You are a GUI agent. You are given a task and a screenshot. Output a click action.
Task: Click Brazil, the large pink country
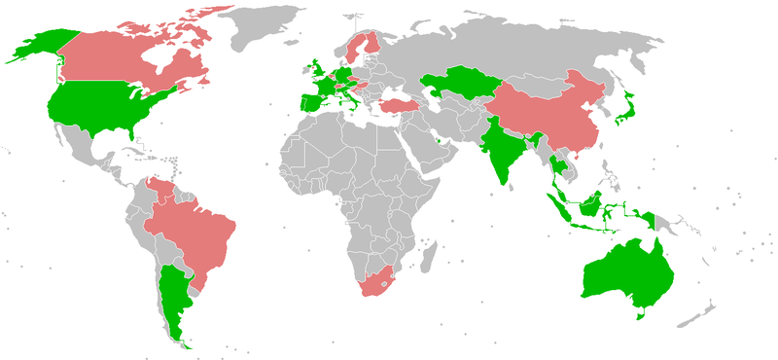[194, 229]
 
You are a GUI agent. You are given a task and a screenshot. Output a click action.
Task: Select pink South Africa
[377, 279]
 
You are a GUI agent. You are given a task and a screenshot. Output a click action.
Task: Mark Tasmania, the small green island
[639, 312]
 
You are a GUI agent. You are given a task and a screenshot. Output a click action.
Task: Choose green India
[501, 146]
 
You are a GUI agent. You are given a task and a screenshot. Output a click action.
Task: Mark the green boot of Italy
[343, 97]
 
